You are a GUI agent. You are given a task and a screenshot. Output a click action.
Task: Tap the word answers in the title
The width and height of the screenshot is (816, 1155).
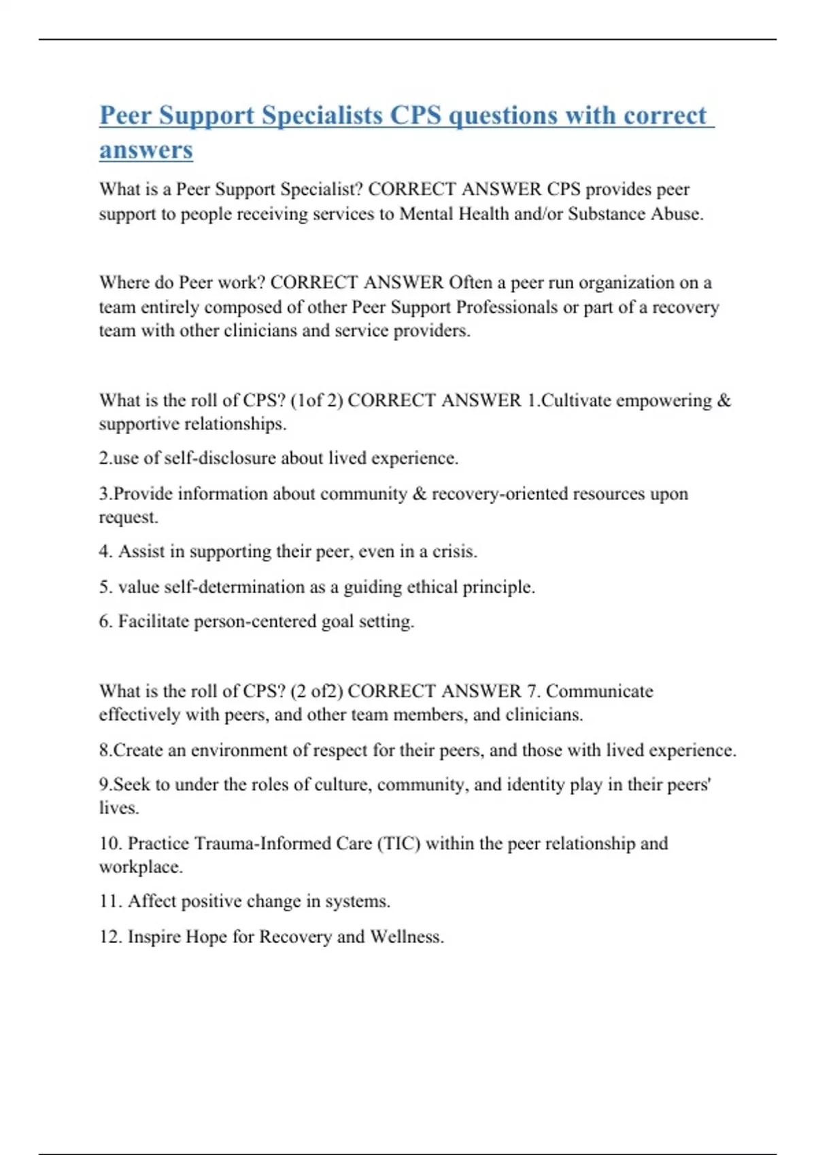tap(146, 149)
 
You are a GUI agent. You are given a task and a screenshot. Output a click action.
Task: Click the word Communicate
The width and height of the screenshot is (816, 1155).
tap(599, 691)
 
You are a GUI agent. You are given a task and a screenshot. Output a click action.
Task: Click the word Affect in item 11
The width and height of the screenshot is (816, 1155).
tap(152, 902)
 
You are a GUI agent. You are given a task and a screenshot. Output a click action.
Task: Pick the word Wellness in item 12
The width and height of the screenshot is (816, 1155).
tap(406, 937)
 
